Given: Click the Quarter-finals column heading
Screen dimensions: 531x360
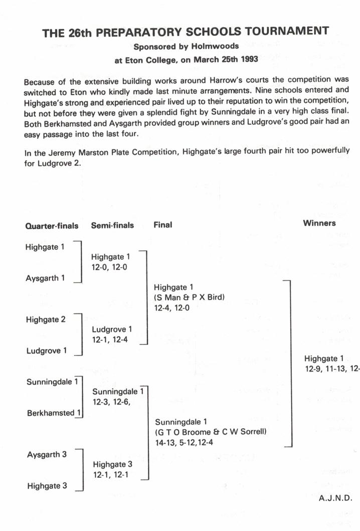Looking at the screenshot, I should [x=52, y=226].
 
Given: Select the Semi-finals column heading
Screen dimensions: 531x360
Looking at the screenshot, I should [x=112, y=225].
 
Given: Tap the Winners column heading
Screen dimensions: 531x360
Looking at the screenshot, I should [x=319, y=223].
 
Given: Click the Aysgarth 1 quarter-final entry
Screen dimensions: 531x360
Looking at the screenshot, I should [x=45, y=278].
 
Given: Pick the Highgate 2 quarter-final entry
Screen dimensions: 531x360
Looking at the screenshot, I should [x=46, y=320].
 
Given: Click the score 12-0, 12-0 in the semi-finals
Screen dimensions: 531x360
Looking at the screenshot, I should [x=109, y=267].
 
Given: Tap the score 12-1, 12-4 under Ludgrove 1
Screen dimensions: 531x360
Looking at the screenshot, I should [x=110, y=339].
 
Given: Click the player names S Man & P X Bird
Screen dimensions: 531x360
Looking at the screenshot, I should [x=189, y=298].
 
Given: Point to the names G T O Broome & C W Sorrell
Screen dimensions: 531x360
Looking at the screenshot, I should [x=211, y=432].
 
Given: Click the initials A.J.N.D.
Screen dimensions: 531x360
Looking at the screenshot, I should [x=335, y=498].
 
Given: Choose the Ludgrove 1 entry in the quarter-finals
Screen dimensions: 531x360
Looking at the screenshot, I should [x=46, y=351].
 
